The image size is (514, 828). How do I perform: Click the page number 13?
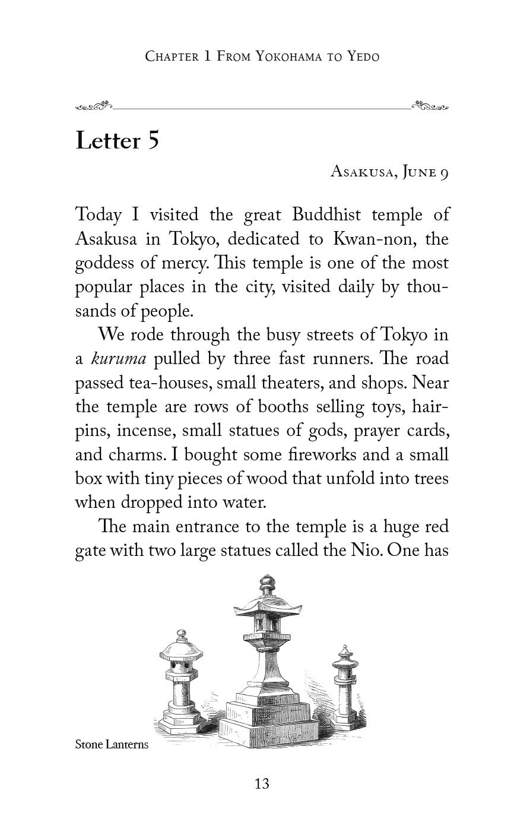point(262,784)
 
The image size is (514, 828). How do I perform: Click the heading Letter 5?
point(118,141)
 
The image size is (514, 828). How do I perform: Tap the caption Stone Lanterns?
point(112,744)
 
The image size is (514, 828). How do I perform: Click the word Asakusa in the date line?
point(361,172)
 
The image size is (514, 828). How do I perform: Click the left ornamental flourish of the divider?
point(94,108)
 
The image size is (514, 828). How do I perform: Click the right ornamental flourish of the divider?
point(430,108)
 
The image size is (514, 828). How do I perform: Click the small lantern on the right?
point(345,689)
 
